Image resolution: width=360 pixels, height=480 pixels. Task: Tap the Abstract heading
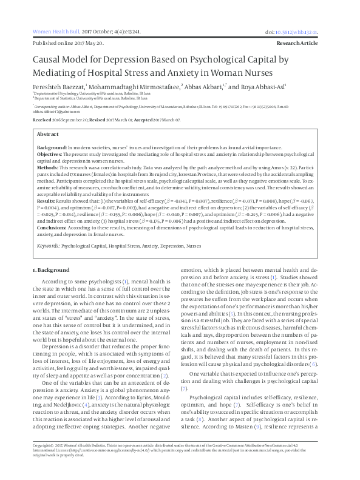(48, 134)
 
